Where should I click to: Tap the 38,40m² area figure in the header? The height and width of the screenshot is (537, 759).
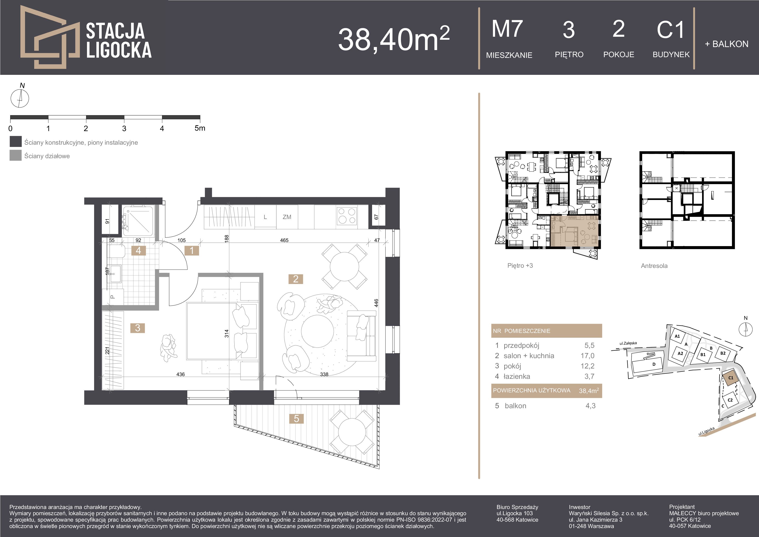[394, 39]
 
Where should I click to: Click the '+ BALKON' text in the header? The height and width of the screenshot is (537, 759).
[727, 44]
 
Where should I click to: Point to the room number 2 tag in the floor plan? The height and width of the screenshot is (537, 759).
[296, 279]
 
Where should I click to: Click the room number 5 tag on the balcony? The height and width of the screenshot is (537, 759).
[297, 419]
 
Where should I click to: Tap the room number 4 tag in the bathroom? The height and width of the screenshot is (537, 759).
[138, 251]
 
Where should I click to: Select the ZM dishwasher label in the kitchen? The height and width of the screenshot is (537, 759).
[287, 217]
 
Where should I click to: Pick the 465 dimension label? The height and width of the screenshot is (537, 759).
[284, 240]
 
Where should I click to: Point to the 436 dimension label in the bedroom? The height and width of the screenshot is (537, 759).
[180, 374]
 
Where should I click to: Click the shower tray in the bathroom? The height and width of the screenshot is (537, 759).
[138, 221]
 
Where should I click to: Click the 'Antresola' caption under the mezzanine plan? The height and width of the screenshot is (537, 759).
[654, 266]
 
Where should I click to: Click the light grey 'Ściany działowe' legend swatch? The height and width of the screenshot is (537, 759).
[16, 155]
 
